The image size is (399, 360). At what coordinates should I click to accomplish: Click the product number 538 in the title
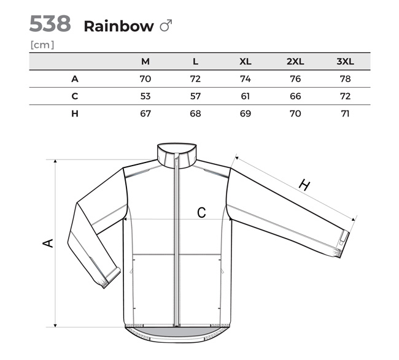coord(50,23)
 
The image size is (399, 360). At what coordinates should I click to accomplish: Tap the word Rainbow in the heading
coord(119,26)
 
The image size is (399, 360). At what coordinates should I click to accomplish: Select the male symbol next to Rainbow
coord(166,25)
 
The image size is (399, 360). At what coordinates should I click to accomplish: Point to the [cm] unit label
coord(42,45)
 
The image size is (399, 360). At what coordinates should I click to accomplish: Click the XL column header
coord(246,61)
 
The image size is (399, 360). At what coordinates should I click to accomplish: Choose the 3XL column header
coord(346,61)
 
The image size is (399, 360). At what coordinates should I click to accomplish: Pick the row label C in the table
coord(74,96)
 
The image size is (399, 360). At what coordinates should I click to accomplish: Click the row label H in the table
coord(75,113)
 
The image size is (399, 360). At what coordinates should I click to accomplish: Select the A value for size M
coord(145,79)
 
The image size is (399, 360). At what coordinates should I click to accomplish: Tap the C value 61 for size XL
coord(246,96)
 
